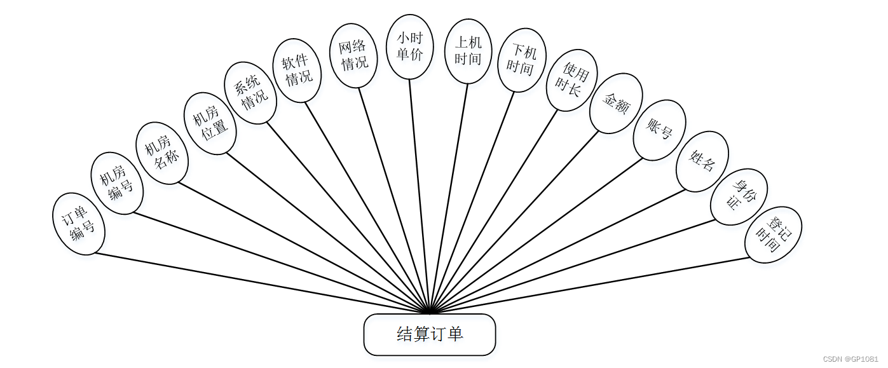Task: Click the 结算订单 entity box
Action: tap(429, 334)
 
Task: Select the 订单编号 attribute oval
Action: tap(78, 224)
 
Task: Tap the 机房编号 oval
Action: tap(117, 183)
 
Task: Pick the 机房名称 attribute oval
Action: tap(162, 153)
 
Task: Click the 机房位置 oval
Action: tap(210, 123)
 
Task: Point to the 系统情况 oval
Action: tap(250, 93)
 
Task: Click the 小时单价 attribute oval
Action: tap(410, 47)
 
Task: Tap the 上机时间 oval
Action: tap(468, 51)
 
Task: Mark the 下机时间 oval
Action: tap(521, 60)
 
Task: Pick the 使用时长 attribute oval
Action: tap(571, 80)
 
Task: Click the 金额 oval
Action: tap(616, 103)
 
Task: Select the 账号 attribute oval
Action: tap(659, 130)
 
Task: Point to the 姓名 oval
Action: tap(702, 161)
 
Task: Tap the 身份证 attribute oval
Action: tap(739, 196)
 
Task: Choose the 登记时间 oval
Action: tap(773, 235)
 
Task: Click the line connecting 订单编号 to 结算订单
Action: tap(254, 283)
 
